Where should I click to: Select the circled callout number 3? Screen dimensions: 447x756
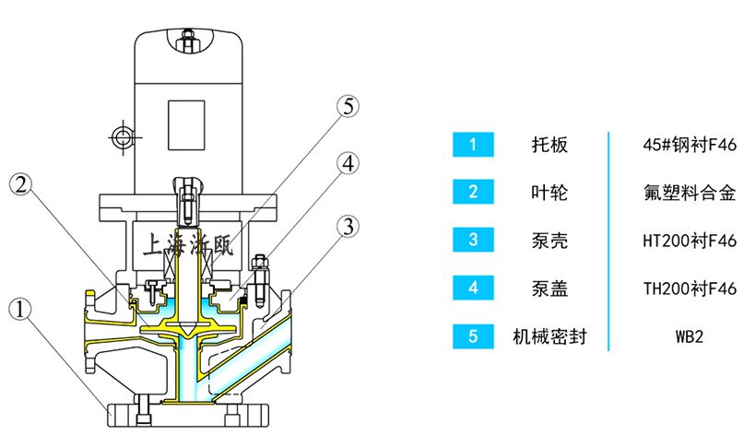click(347, 227)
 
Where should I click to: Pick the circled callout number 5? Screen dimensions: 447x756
click(347, 106)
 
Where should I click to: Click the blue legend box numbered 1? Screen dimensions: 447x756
click(473, 145)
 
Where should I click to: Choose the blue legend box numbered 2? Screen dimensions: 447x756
click(473, 193)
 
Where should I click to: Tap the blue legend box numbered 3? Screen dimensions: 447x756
click(473, 241)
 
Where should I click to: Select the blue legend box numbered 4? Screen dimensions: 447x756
click(473, 288)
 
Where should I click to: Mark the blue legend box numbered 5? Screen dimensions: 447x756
click(473, 336)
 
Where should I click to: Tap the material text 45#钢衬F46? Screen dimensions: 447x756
click(689, 145)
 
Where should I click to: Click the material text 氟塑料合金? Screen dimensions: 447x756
click(689, 193)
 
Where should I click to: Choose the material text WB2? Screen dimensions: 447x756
click(689, 336)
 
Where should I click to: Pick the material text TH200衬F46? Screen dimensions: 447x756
click(689, 288)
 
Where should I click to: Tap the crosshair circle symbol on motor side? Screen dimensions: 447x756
click(121, 136)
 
